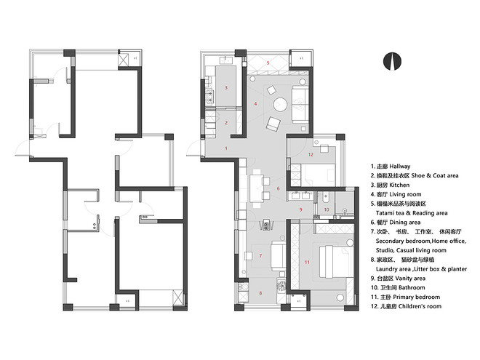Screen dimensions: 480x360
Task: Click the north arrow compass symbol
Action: pyautogui.click(x=392, y=61)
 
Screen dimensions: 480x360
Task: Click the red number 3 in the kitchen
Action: pyautogui.click(x=226, y=87)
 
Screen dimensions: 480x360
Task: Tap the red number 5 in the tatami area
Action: pyautogui.click(x=268, y=63)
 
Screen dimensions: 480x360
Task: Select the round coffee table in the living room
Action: pyautogui.click(x=280, y=105)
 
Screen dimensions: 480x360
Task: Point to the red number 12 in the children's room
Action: pyautogui.click(x=311, y=154)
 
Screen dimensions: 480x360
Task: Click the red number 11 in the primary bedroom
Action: pyautogui.click(x=307, y=262)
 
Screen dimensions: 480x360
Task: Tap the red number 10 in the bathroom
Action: pyautogui.click(x=327, y=209)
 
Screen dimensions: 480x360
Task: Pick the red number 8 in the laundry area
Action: pyautogui.click(x=260, y=293)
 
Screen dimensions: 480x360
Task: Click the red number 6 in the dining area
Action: pyautogui.click(x=278, y=188)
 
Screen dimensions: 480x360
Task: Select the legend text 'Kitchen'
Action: pyautogui.click(x=399, y=185)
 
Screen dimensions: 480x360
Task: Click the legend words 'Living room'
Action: pyautogui.click(x=405, y=194)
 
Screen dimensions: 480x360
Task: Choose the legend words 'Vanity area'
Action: pyautogui.click(x=410, y=279)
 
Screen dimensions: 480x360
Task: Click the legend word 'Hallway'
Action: pyautogui.click(x=400, y=167)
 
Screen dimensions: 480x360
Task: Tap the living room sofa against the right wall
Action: pyautogui.click(x=300, y=105)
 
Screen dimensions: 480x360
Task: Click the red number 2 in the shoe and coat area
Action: pyautogui.click(x=226, y=122)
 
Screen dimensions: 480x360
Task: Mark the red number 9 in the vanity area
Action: pyautogui.click(x=300, y=209)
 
